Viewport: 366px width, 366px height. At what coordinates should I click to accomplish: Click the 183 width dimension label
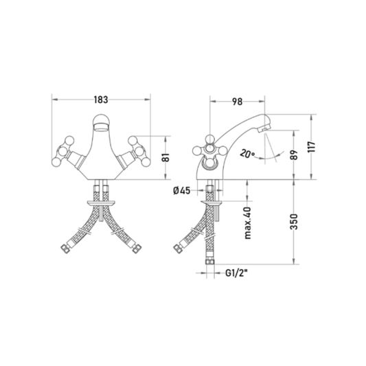coord(101,100)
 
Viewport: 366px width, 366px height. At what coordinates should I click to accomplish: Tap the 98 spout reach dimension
coord(237,102)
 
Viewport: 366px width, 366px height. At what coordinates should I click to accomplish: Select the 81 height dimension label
coord(165,157)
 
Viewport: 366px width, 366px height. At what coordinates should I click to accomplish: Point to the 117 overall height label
coord(311,147)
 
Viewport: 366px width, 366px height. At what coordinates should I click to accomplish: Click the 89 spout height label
coord(295,155)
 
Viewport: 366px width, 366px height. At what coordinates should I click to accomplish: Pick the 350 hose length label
coord(295,222)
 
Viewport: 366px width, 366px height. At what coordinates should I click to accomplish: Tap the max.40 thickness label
coord(248,223)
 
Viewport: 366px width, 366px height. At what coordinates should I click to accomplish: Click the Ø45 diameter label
coord(182,191)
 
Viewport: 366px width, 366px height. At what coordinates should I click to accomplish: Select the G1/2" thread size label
coord(236,273)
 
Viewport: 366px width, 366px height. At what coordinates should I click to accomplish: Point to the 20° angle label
coord(247,154)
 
